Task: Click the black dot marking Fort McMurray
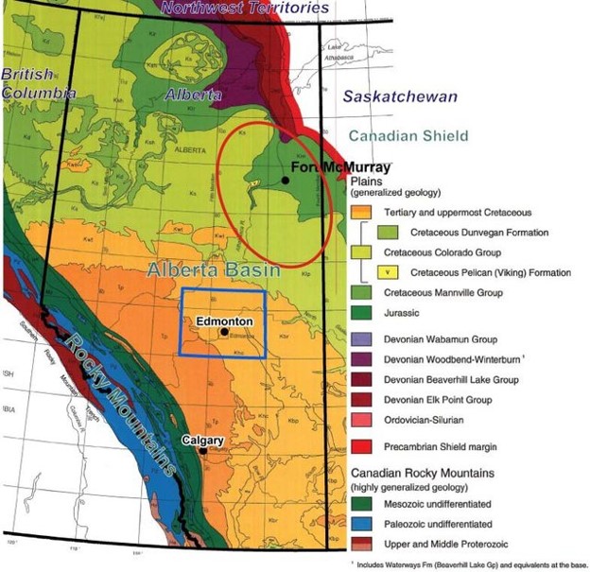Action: pyautogui.click(x=285, y=179)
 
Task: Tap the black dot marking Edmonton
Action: pyautogui.click(x=223, y=332)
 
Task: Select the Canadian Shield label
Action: pyautogui.click(x=408, y=136)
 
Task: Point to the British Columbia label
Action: pyautogui.click(x=37, y=83)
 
